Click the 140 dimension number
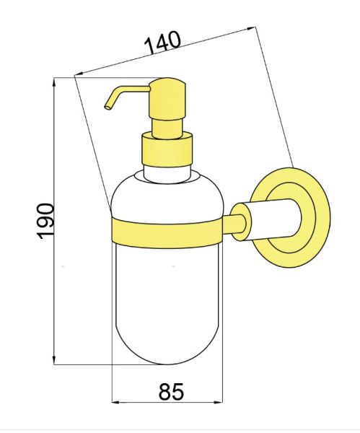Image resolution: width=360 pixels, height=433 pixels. pyautogui.click(x=163, y=43)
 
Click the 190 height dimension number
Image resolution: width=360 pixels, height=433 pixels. pyautogui.click(x=45, y=222)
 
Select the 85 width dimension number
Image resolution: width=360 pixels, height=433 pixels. pyautogui.click(x=171, y=391)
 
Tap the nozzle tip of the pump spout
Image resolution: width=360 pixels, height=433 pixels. pyautogui.click(x=107, y=107)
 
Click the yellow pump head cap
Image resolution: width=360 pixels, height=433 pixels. pyautogui.click(x=167, y=99)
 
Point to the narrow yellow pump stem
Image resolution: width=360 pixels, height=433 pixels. pyautogui.click(x=167, y=128)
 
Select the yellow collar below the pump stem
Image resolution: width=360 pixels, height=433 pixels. pyautogui.click(x=167, y=149)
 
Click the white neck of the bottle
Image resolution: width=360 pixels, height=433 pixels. pyautogui.click(x=167, y=174)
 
